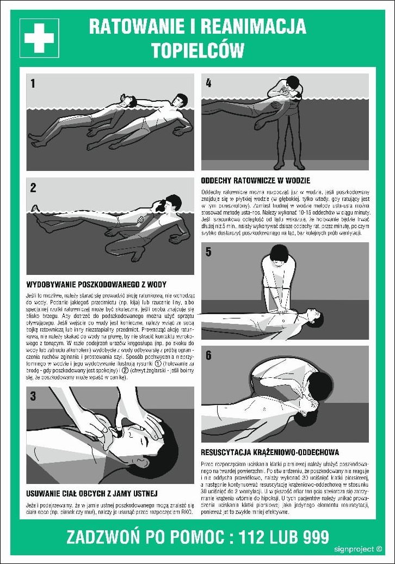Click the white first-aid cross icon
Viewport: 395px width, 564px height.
39,38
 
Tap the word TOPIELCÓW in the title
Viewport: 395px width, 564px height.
197,50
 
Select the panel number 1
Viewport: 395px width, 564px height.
33,83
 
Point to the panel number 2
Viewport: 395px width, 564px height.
33,188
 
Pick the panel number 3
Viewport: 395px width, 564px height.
33,396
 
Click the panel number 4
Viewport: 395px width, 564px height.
208,83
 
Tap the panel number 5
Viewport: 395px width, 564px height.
208,252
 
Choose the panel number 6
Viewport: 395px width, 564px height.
208,356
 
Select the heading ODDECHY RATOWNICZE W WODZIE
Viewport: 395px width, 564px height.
256,181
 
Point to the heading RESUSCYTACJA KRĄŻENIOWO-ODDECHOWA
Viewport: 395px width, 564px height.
270,452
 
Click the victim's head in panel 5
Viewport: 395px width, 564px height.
318,314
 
